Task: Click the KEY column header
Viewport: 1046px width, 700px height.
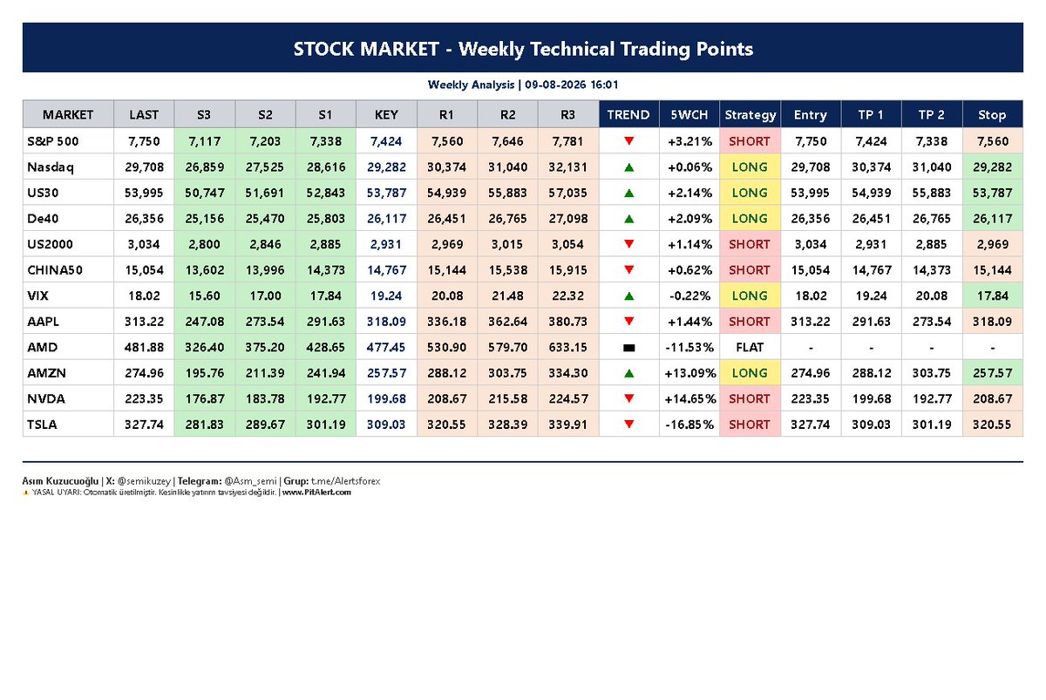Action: click(386, 115)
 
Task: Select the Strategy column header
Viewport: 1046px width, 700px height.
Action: click(750, 115)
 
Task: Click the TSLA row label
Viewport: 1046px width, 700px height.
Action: click(42, 425)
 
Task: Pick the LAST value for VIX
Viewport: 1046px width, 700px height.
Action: click(144, 296)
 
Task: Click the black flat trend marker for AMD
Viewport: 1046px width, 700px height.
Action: click(629, 348)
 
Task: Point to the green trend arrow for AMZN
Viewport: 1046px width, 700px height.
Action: click(629, 373)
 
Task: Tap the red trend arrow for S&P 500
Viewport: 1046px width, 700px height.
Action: click(629, 140)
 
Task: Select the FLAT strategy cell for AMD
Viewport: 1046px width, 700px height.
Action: click(750, 348)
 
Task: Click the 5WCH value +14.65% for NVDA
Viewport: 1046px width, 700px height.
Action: click(689, 398)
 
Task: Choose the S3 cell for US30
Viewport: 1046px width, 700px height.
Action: click(205, 193)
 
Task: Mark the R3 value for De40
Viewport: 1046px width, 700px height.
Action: click(567, 219)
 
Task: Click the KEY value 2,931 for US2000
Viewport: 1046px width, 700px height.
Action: click(385, 244)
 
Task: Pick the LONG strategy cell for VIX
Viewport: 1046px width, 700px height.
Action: click(750, 296)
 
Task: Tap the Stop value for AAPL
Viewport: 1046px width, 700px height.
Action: click(992, 322)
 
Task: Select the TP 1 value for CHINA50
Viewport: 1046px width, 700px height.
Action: click(872, 270)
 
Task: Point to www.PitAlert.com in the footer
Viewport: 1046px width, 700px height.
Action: click(316, 493)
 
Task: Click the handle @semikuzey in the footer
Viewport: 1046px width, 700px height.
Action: click(144, 481)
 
